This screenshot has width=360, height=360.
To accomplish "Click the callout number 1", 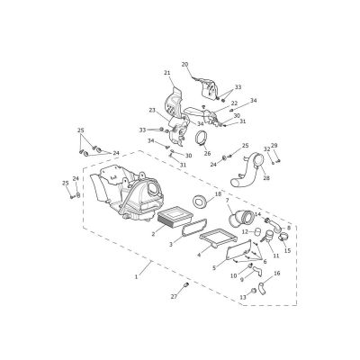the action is tap(136, 277).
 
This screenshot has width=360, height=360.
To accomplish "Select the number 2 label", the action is tap(153, 234).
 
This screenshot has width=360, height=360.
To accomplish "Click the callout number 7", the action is tap(227, 200).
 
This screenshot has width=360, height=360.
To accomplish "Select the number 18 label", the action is tap(218, 194).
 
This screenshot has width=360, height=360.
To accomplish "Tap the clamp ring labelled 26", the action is tap(202, 139).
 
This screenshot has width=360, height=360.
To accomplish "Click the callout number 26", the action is tap(208, 154).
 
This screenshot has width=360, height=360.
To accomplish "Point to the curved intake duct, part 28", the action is tap(247, 170).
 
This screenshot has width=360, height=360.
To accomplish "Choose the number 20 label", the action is tap(185, 64).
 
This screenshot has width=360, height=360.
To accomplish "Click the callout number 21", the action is tap(167, 73).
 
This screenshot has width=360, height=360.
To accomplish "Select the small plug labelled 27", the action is tap(185, 284).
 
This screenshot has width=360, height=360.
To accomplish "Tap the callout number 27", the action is tap(175, 297).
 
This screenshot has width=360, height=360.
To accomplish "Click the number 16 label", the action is tap(277, 274).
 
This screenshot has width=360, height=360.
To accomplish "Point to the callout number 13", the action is tap(243, 297).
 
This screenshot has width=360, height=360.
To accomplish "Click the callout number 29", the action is tap(274, 146).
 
